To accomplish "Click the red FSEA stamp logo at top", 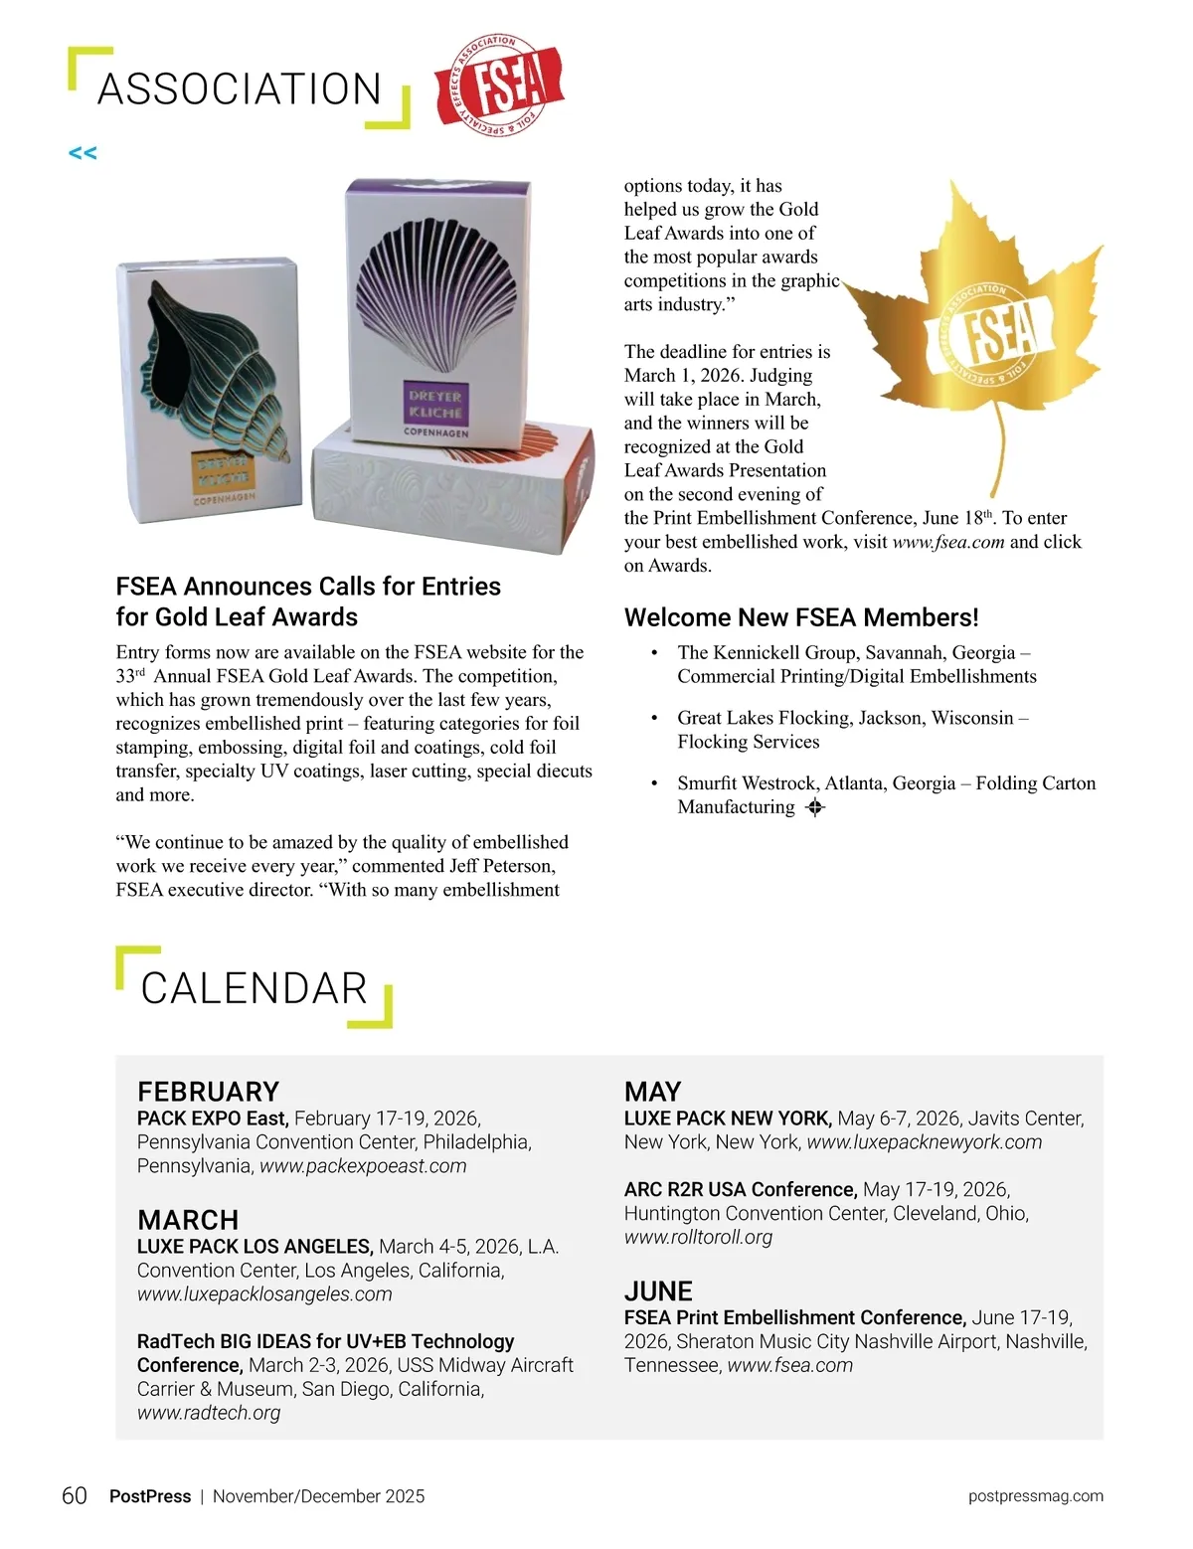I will (x=500, y=86).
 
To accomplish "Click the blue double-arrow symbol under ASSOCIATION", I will (x=83, y=153).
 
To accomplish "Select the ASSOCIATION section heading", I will (x=240, y=89).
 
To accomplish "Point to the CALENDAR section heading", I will (x=255, y=988).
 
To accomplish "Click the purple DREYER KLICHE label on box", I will (x=435, y=403).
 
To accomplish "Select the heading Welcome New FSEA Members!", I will (x=801, y=617).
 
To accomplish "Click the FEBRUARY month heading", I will (x=208, y=1091).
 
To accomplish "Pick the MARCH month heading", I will (x=188, y=1220).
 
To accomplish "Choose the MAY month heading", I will (x=652, y=1091).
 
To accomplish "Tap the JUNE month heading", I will (x=658, y=1291).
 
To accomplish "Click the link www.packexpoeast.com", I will (x=363, y=1165).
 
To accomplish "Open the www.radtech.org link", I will (x=209, y=1412).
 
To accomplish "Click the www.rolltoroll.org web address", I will (x=698, y=1237).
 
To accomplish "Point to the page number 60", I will (x=75, y=1495).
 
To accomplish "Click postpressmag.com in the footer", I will (x=1035, y=1495).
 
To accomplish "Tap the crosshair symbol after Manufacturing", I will (x=815, y=807).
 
